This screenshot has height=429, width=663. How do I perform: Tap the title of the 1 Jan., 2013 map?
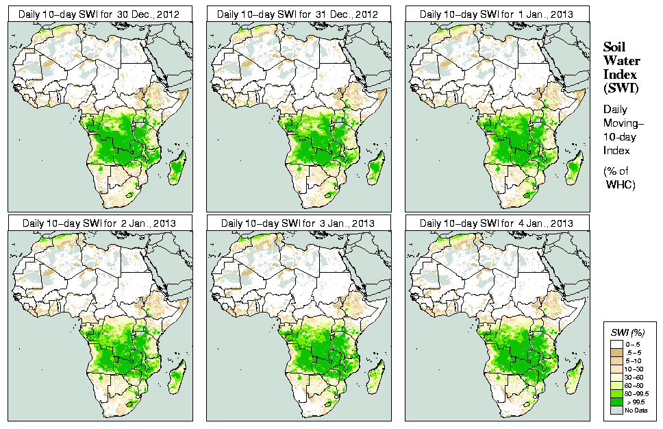pyautogui.click(x=497, y=14)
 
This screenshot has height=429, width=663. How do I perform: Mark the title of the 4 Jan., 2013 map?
pyautogui.click(x=497, y=223)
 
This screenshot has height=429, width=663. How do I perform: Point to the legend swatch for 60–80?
pyautogui.click(x=618, y=385)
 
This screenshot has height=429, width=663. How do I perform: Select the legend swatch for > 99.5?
pyautogui.click(x=618, y=402)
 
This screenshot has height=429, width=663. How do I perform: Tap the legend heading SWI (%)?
pyautogui.click(x=628, y=332)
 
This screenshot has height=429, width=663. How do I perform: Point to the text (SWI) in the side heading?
pyautogui.click(x=620, y=88)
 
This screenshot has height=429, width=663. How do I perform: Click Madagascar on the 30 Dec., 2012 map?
pyautogui.click(x=176, y=169)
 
